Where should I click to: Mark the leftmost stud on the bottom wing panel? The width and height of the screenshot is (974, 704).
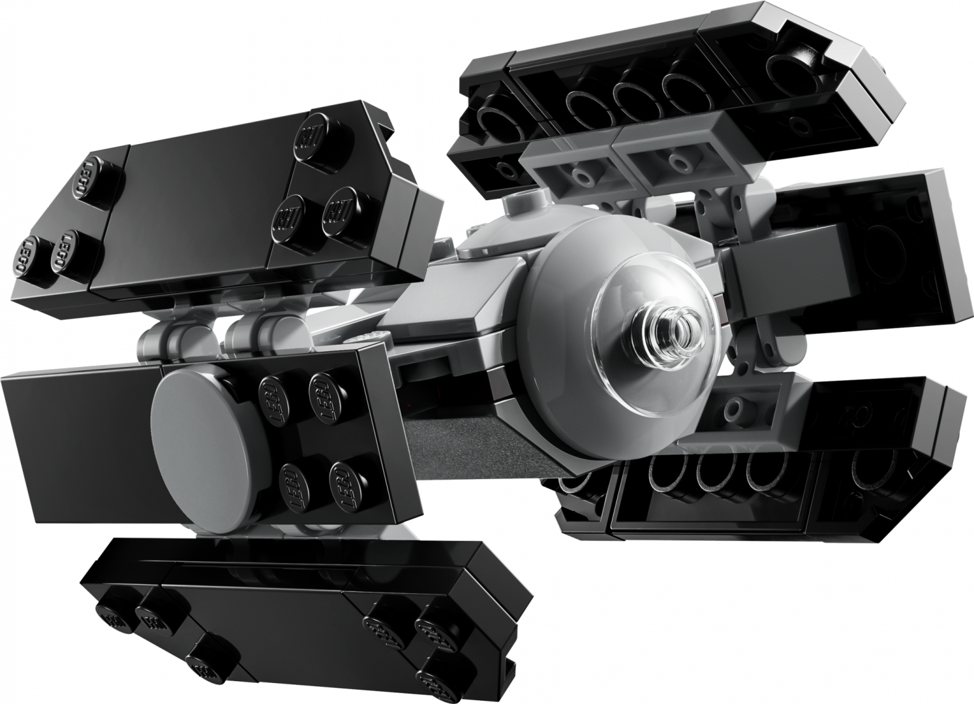pyautogui.click(x=111, y=616)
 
